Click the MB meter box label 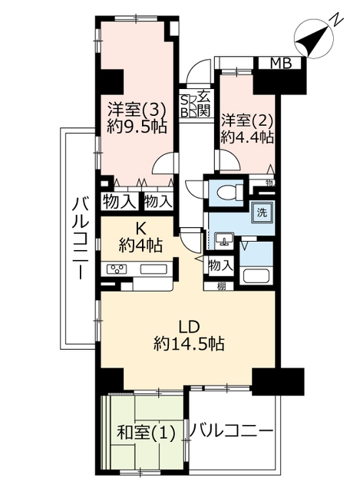281,64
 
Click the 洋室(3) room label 137,110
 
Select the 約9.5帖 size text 137,127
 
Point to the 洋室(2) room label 247,120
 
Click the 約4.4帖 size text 247,137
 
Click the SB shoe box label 185,106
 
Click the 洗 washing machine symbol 262,213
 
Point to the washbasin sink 223,241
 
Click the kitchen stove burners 117,269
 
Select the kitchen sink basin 154,269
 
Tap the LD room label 189,327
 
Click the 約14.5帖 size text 189,344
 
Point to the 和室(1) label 146,434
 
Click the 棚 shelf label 222,286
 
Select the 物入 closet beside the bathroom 221,266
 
